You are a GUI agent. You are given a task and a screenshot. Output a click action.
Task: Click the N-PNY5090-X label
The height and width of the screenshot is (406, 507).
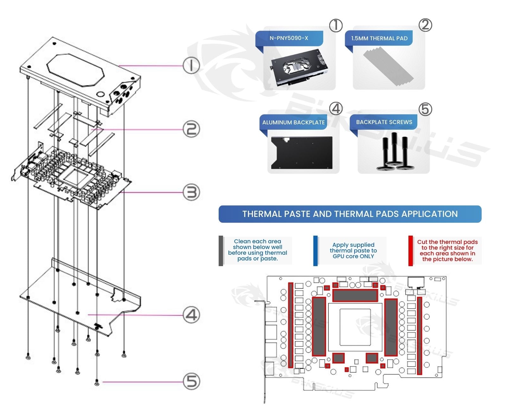click(289, 38)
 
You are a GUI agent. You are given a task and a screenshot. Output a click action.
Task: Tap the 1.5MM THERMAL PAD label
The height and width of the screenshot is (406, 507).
click(379, 38)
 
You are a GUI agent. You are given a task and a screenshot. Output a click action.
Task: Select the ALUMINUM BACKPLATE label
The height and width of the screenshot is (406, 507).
click(293, 122)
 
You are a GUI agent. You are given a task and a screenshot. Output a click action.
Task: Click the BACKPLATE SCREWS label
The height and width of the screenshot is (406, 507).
click(384, 122)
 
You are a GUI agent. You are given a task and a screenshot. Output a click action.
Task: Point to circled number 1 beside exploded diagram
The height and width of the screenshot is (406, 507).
click(191, 66)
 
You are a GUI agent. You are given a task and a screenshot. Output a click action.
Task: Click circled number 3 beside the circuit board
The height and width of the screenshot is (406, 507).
click(191, 192)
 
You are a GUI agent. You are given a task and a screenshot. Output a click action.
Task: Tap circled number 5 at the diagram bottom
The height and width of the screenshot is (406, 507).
click(191, 381)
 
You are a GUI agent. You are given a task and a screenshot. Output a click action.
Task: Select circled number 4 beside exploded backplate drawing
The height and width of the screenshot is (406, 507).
click(191, 315)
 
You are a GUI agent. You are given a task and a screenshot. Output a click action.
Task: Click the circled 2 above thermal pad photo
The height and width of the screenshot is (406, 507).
click(425, 25)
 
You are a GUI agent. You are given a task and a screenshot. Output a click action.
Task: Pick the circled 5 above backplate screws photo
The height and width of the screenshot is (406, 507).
click(425, 109)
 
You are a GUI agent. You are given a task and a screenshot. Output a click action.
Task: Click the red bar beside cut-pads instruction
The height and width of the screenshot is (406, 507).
click(411, 251)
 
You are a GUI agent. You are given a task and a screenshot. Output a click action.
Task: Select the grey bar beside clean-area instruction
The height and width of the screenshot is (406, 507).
click(221, 251)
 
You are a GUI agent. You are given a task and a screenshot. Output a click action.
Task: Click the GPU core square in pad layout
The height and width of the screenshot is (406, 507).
click(355, 327)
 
